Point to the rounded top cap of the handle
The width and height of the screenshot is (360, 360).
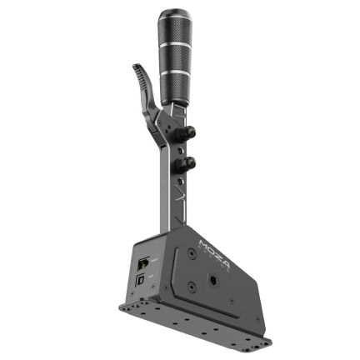click(172, 14)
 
